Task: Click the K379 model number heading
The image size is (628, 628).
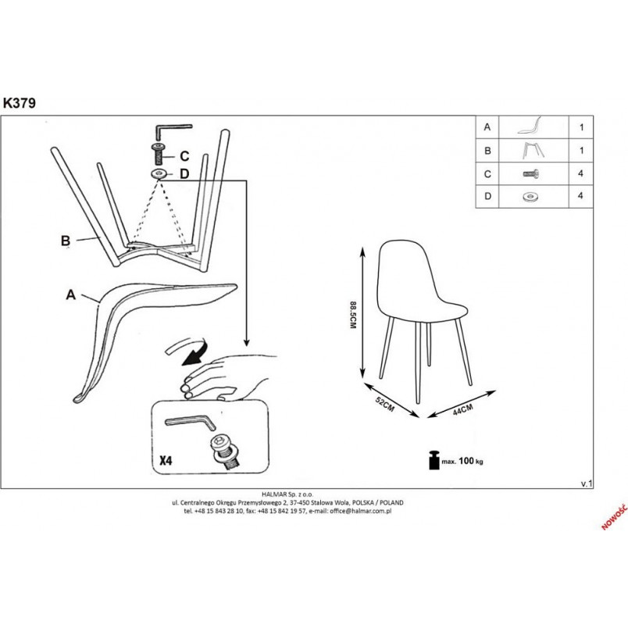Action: point(20,103)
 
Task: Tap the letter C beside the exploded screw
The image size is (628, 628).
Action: point(184,155)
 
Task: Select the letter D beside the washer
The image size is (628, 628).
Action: point(184,174)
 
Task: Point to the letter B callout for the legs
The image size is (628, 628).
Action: point(66,241)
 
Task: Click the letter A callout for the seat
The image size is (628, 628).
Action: point(71,294)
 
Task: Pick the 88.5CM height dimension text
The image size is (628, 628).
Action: point(353,316)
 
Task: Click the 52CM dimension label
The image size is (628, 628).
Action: point(384,404)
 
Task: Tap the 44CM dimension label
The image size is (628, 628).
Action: point(462,409)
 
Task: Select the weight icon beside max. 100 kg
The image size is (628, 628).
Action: point(434,460)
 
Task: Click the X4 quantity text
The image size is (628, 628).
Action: point(166,461)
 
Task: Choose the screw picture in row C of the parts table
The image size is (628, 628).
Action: point(531,174)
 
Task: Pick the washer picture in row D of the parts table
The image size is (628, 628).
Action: point(530,197)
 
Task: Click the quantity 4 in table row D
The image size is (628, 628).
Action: point(580,196)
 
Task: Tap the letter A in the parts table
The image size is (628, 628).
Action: point(487,127)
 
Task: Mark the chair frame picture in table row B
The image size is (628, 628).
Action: point(533,151)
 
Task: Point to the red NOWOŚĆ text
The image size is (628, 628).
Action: point(614,516)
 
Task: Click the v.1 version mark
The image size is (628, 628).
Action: point(587,483)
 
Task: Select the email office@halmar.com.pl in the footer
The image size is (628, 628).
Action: point(360,511)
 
